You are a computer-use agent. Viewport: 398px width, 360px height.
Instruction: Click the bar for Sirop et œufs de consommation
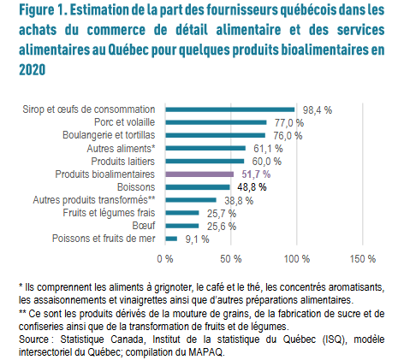tap(230, 109)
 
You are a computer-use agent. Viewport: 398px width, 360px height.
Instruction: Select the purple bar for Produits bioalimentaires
tap(199, 174)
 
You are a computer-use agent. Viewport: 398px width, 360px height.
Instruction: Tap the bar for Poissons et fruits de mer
tap(171, 239)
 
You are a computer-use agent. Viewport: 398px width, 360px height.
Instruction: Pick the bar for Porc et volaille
tap(216, 122)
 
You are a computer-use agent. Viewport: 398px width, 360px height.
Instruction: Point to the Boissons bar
tap(198, 187)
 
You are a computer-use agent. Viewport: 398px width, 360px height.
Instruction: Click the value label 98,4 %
tap(318, 110)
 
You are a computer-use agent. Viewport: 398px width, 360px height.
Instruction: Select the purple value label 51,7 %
tap(256, 174)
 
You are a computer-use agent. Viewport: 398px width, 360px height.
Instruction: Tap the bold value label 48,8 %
tap(252, 187)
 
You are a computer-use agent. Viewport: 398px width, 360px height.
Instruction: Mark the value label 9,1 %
tap(197, 239)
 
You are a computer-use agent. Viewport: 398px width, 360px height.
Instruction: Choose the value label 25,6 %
tap(222, 227)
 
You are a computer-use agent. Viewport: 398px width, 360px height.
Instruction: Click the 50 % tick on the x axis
tap(231, 259)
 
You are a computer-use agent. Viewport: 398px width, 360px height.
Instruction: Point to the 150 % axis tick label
tap(363, 259)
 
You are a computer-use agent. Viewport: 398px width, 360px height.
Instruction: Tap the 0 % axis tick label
tap(165, 259)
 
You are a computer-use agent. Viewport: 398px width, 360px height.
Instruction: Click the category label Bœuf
tap(144, 226)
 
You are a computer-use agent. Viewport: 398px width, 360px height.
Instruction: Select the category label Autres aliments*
tap(121, 149)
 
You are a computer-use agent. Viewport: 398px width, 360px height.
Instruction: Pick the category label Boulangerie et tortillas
tap(109, 135)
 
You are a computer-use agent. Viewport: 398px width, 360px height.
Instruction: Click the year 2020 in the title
tap(33, 69)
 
